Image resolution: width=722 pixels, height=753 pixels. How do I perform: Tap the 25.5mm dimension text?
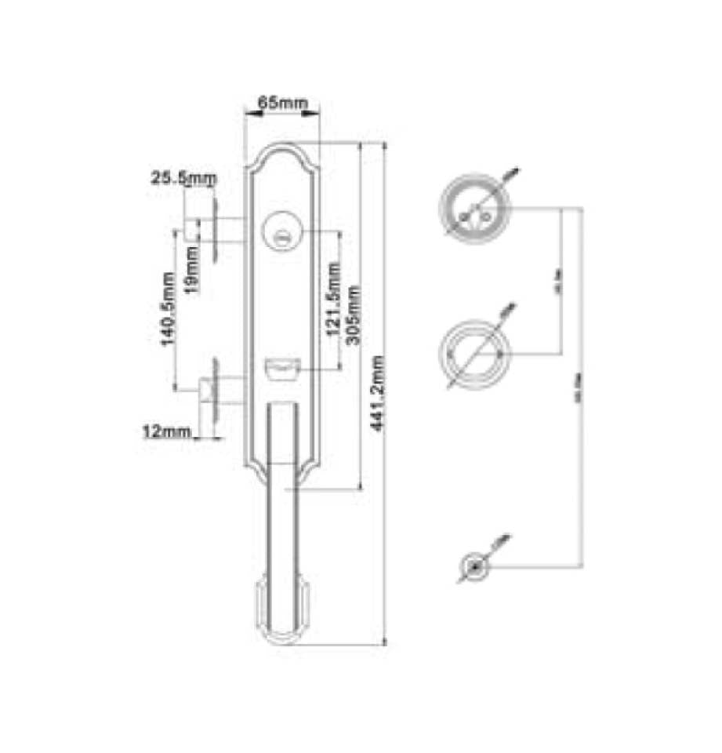click(183, 179)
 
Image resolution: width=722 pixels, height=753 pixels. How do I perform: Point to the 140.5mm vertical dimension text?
click(165, 309)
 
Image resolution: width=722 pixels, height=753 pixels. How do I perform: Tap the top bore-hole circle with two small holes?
click(475, 209)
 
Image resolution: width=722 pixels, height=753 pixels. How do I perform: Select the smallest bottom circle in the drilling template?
click(475, 567)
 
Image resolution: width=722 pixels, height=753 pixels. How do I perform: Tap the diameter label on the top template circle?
click(510, 173)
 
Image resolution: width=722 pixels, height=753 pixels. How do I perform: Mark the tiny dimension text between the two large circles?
click(557, 289)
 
